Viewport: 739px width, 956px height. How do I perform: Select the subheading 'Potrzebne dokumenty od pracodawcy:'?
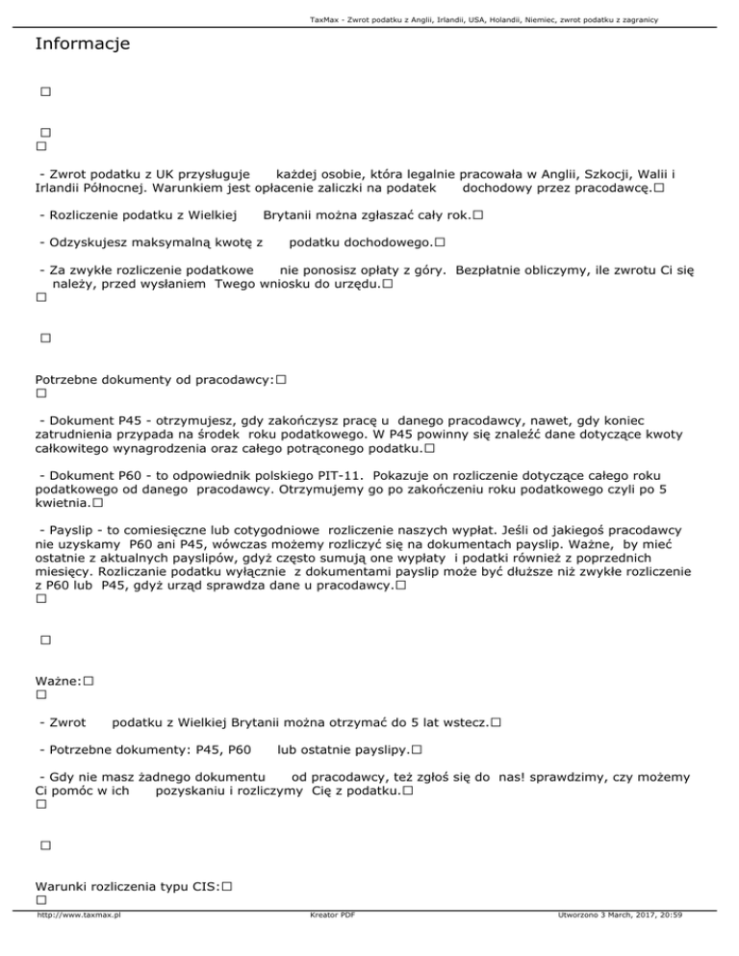(154, 379)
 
